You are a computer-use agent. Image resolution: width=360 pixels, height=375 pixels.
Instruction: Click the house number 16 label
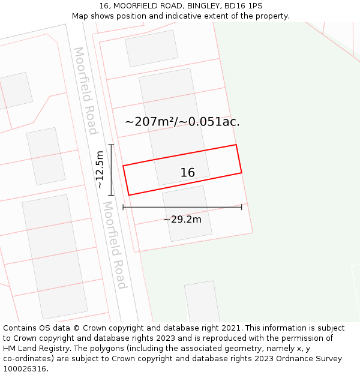tap(187, 173)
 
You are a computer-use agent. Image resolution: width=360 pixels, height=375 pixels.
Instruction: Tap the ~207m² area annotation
tap(149, 122)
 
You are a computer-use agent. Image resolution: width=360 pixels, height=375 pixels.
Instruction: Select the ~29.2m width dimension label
tap(182, 220)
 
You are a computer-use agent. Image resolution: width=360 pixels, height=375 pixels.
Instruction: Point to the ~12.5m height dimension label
tap(100, 170)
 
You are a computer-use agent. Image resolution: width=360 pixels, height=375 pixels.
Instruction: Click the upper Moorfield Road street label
tap(85, 91)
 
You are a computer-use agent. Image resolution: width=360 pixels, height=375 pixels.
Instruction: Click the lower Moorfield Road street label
tap(114, 245)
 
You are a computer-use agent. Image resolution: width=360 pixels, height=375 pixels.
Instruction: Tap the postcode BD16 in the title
tap(236, 6)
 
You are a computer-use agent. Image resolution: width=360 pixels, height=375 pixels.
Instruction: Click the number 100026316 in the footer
tap(25, 369)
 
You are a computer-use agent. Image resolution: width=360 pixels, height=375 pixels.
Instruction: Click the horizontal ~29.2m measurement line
tap(182, 207)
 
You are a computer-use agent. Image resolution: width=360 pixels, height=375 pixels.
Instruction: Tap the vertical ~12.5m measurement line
tap(112, 170)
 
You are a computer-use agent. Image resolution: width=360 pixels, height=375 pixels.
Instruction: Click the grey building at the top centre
tap(152, 48)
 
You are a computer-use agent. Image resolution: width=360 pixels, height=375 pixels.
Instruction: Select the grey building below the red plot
tap(187, 213)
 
